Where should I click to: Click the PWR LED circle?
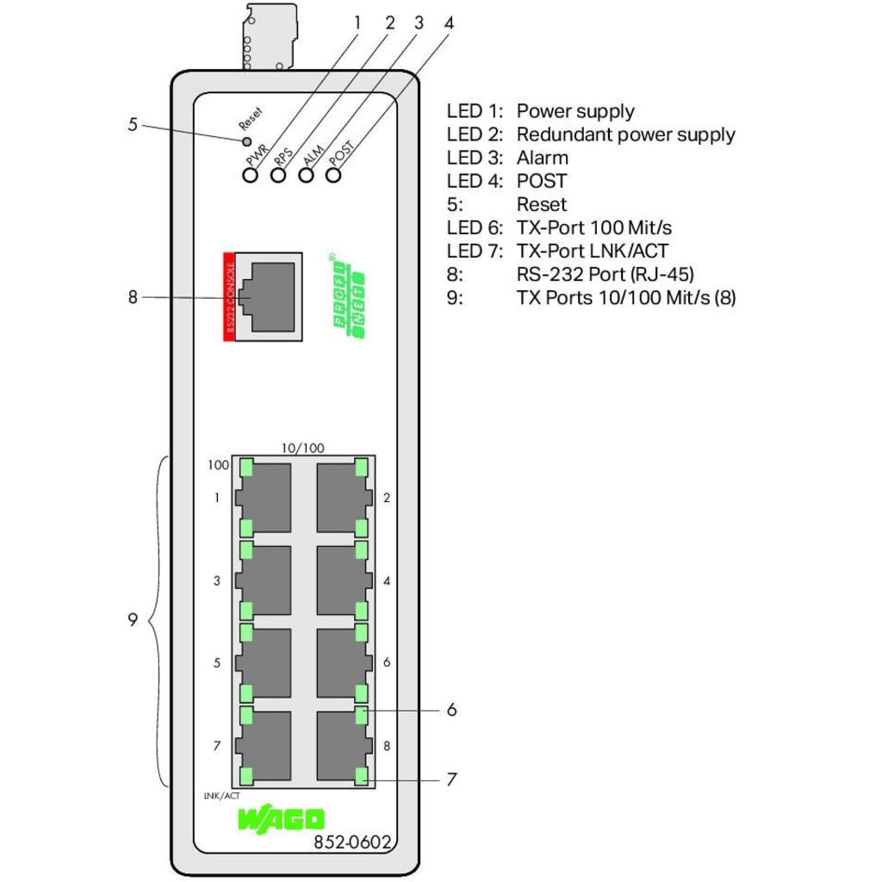pos(251,175)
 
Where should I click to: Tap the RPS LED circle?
pos(278,175)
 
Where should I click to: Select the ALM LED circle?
pos(306,175)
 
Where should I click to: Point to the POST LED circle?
pos(333,175)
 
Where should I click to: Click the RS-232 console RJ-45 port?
pos(269,296)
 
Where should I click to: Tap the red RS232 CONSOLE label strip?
pos(230,296)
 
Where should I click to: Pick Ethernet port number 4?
pos(342,581)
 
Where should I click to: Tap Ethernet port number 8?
pos(342,746)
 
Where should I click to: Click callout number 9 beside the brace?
pos(133,619)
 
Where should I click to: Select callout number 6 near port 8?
pos(451,711)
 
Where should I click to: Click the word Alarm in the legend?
pos(542,158)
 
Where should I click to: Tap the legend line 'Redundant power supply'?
pos(625,134)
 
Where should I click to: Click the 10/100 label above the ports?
pos(303,448)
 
